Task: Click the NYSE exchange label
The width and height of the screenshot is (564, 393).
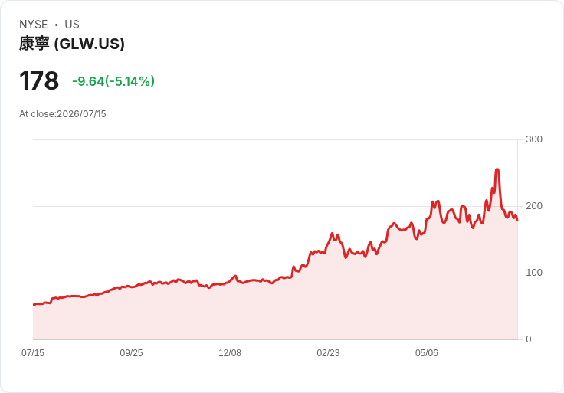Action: [x=34, y=25]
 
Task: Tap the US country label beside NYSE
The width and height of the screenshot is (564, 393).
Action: [x=72, y=25]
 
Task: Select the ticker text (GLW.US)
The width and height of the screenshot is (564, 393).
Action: [x=89, y=44]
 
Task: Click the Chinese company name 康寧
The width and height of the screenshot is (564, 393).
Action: [x=34, y=44]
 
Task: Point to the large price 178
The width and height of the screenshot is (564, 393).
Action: [x=39, y=81]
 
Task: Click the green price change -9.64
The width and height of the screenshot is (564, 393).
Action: [x=88, y=81]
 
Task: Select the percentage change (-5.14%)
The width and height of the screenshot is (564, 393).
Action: [x=130, y=81]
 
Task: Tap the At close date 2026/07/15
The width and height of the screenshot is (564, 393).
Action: [x=82, y=114]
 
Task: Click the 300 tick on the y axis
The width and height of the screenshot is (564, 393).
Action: [x=534, y=139]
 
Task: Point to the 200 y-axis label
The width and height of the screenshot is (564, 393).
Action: [x=534, y=206]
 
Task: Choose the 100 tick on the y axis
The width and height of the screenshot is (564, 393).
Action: [x=534, y=273]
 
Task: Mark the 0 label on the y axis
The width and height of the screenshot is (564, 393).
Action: [x=529, y=339]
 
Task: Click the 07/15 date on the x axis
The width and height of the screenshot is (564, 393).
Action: [x=33, y=353]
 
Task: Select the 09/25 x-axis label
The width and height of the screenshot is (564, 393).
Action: [x=131, y=353]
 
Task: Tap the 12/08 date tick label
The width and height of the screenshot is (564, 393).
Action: [x=230, y=353]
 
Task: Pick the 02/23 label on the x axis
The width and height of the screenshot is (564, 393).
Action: [x=328, y=353]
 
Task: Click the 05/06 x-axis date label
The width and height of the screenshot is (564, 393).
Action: [x=427, y=353]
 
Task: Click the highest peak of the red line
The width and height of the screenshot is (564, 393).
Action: [x=497, y=169]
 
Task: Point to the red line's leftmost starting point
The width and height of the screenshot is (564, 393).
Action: [x=34, y=305]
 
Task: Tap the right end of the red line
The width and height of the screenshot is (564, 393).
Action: [x=517, y=221]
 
